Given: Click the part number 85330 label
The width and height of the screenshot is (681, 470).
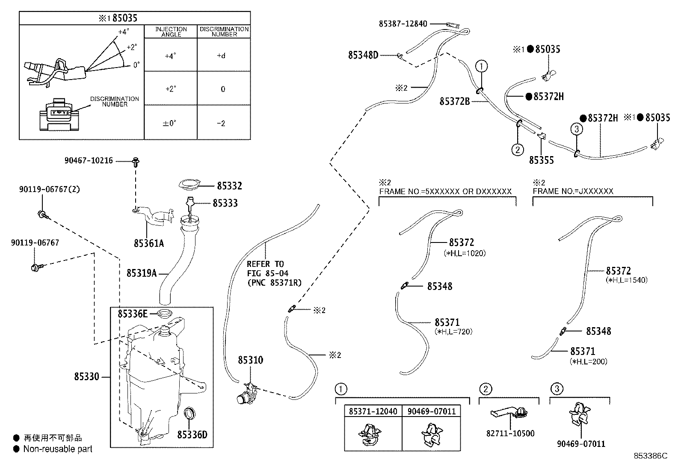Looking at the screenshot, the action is pyautogui.click(x=87, y=377).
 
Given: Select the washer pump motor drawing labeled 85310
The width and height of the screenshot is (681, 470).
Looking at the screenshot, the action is pyautogui.click(x=247, y=393).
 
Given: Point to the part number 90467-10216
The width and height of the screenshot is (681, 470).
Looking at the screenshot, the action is pyautogui.click(x=89, y=160).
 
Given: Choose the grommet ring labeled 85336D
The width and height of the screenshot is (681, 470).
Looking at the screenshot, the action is pyautogui.click(x=190, y=413).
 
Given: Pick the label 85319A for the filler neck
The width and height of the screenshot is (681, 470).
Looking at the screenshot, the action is pyautogui.click(x=142, y=273).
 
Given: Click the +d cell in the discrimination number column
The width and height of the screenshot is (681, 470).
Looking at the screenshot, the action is pyautogui.click(x=221, y=56).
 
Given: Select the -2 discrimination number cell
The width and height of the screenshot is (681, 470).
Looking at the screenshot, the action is pyautogui.click(x=221, y=124).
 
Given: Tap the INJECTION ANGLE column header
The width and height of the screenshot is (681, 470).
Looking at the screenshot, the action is pyautogui.click(x=171, y=32).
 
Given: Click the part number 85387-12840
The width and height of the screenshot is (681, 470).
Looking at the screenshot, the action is pyautogui.click(x=403, y=24).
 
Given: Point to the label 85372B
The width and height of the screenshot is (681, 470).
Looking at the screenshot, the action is pyautogui.click(x=455, y=101).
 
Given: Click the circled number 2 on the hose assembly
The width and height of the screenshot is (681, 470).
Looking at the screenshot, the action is pyautogui.click(x=518, y=150).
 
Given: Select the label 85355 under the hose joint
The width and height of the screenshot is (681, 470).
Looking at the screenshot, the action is pyautogui.click(x=542, y=160).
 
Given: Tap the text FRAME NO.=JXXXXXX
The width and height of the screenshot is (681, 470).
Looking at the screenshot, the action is pyautogui.click(x=573, y=191).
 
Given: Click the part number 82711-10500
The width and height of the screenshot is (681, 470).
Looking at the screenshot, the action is pyautogui.click(x=510, y=434).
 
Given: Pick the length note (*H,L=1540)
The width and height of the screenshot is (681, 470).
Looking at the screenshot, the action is pyautogui.click(x=627, y=280).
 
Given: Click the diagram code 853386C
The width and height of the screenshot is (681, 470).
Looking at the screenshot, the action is pyautogui.click(x=651, y=456).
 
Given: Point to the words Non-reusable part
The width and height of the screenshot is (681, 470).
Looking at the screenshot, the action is pyautogui.click(x=58, y=449).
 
